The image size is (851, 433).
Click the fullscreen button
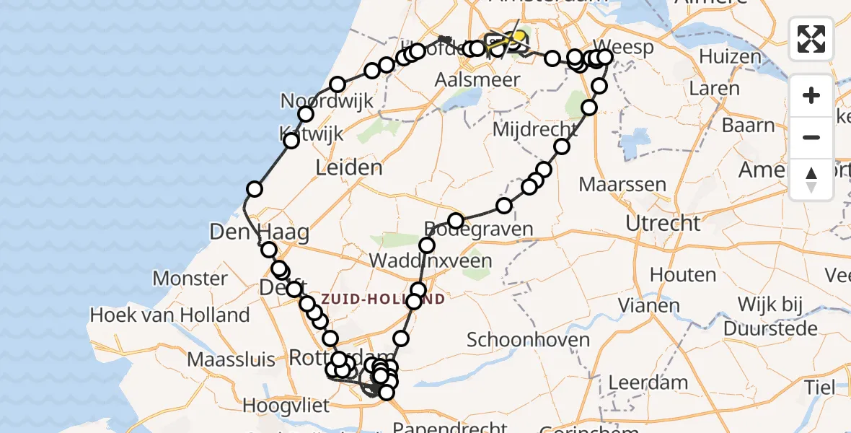point(811,39)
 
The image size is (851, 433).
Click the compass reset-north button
point(811,180)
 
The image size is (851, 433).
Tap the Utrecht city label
point(663,223)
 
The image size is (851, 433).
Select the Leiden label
point(349,168)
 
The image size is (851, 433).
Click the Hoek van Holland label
point(169,315)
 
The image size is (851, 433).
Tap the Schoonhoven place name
point(528,339)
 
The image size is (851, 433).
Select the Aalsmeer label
point(477,79)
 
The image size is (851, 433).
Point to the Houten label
point(682,274)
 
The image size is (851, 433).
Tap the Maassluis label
point(231,359)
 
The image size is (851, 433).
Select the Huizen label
point(730,56)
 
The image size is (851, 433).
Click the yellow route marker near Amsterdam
point(518,36)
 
